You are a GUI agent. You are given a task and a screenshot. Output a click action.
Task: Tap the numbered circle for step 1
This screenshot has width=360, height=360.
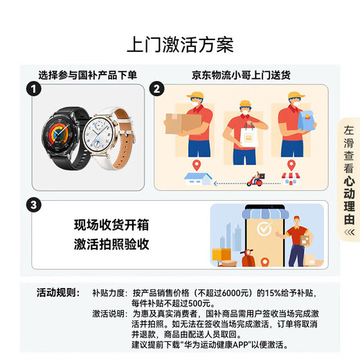(31, 89)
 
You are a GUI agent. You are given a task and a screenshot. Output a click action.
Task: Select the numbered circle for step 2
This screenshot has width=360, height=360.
(157, 89)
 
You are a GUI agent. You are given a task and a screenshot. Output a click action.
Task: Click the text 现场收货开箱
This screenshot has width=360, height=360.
(111, 226)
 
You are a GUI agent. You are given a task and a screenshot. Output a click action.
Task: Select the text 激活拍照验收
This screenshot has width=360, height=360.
(111, 244)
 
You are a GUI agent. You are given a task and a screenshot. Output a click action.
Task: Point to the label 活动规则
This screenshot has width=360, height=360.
(59, 292)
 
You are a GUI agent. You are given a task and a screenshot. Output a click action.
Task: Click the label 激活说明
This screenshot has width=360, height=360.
(108, 314)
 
